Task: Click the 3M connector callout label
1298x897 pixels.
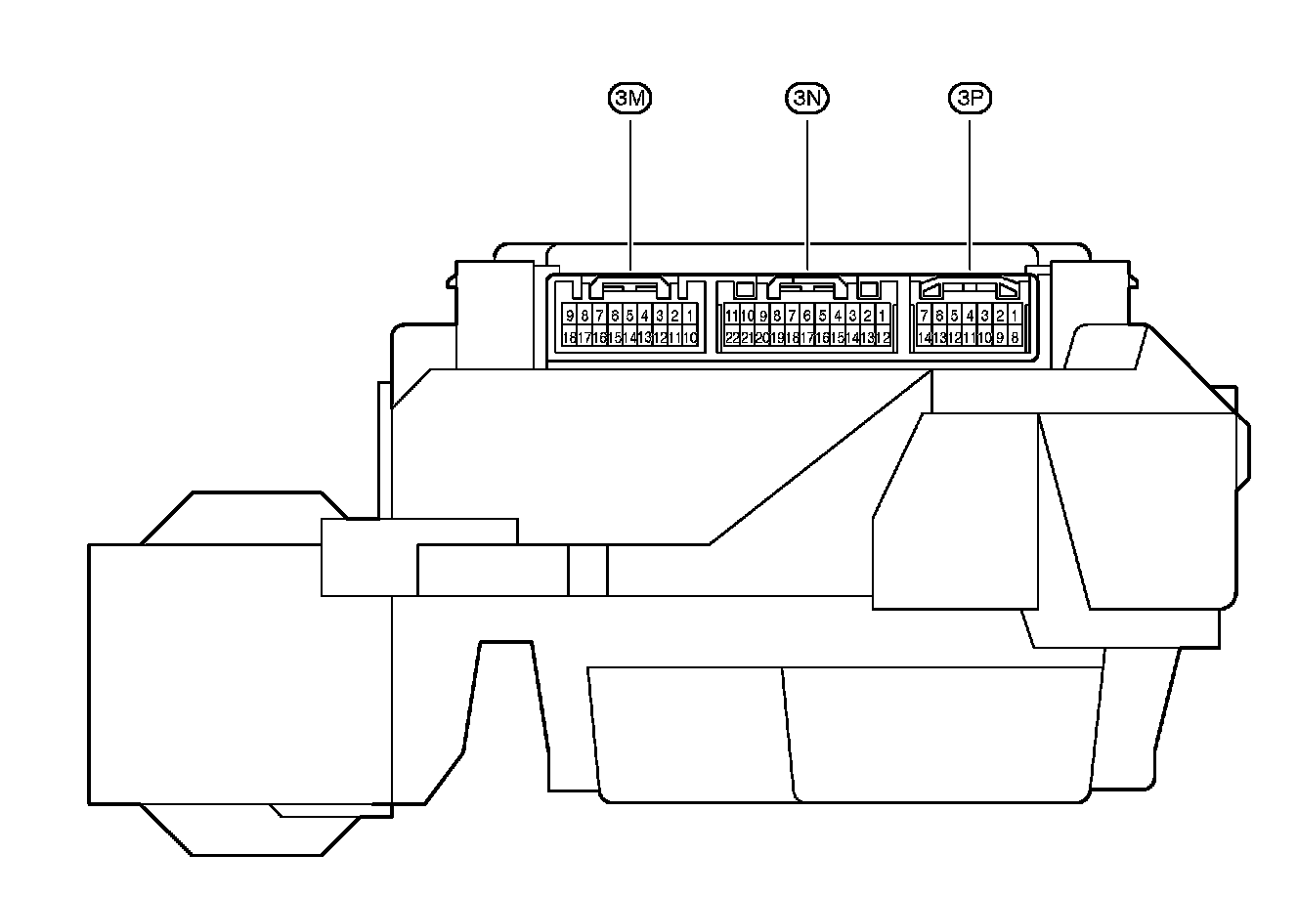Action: tap(630, 98)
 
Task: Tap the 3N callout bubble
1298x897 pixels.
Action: tap(808, 98)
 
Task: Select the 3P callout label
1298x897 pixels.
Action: tap(970, 98)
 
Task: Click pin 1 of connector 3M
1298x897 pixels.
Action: tap(690, 316)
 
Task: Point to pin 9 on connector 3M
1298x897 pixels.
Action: tap(570, 316)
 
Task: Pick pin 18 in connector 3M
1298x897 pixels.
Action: tap(570, 338)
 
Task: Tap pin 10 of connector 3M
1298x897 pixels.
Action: tap(690, 338)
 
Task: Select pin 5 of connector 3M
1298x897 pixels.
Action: tap(629, 316)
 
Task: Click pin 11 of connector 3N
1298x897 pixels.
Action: tap(732, 316)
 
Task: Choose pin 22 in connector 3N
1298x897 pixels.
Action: tap(732, 338)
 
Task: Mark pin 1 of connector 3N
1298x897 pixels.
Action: tap(883, 316)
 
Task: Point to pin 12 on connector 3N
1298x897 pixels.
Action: tap(883, 338)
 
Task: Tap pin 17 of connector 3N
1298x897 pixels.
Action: tap(807, 338)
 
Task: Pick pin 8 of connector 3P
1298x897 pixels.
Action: tap(1015, 338)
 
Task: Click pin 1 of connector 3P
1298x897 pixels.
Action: tap(1015, 316)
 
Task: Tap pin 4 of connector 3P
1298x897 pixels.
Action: tap(970, 316)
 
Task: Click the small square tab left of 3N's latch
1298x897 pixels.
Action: tap(745, 290)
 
